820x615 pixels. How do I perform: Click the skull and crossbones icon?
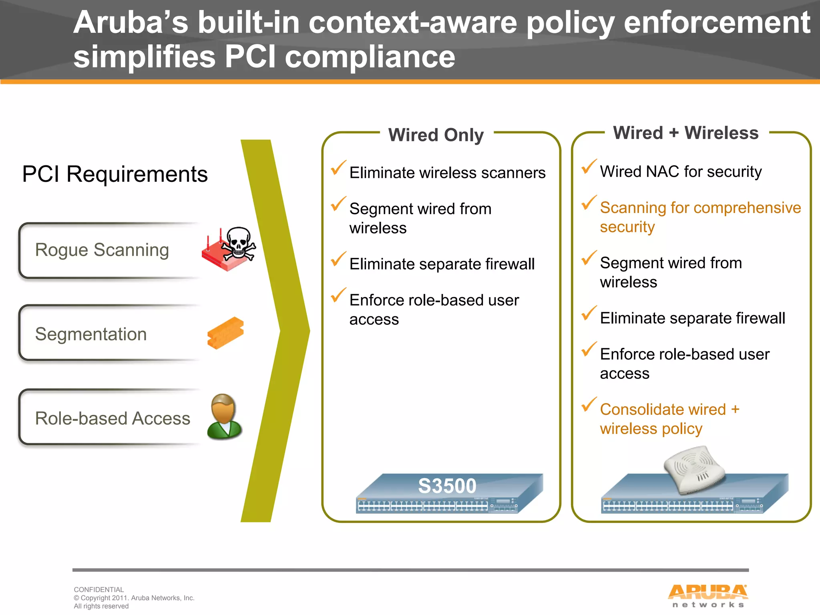click(x=239, y=244)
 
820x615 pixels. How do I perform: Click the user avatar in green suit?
click(x=224, y=416)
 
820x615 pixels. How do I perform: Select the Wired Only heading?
click(x=436, y=135)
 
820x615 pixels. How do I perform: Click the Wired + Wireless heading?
click(x=686, y=133)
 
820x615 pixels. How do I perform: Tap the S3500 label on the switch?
click(x=447, y=486)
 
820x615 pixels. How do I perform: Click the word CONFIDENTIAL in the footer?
click(x=99, y=590)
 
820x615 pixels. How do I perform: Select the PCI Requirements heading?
click(x=115, y=174)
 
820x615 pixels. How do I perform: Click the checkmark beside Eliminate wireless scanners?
click(x=338, y=168)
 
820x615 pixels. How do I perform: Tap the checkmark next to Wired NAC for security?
click(x=589, y=167)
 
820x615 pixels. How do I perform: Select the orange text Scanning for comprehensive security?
click(x=700, y=217)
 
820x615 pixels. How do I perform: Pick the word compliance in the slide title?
click(x=370, y=57)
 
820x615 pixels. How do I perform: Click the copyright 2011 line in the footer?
click(x=134, y=598)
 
